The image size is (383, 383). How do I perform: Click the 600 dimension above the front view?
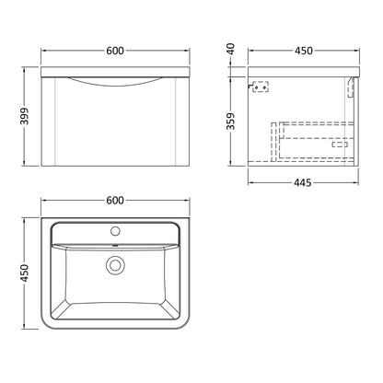click(x=115, y=51)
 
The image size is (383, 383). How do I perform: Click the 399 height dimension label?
click(x=24, y=116)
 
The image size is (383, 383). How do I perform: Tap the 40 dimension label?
click(x=230, y=49)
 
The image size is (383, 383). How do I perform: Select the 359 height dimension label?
click(x=230, y=121)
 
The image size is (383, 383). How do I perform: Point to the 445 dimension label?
click(x=303, y=183)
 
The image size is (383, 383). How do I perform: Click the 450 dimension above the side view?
click(x=304, y=51)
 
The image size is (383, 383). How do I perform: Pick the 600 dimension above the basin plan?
click(x=115, y=201)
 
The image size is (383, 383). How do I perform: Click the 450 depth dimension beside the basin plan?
click(x=24, y=273)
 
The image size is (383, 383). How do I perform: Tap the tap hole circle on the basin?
click(x=115, y=231)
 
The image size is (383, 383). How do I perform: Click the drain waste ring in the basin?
click(x=115, y=265)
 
